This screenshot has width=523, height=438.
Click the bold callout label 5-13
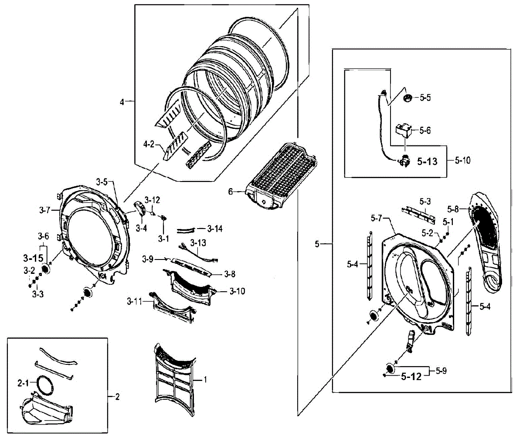point(426,162)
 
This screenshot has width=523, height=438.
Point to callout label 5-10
point(462,161)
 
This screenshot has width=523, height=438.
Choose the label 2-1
point(23,383)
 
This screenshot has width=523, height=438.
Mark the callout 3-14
point(215,228)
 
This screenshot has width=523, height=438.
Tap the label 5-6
point(425,130)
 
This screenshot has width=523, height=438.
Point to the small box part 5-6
point(403,130)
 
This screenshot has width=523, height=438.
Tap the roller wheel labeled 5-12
point(389,369)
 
